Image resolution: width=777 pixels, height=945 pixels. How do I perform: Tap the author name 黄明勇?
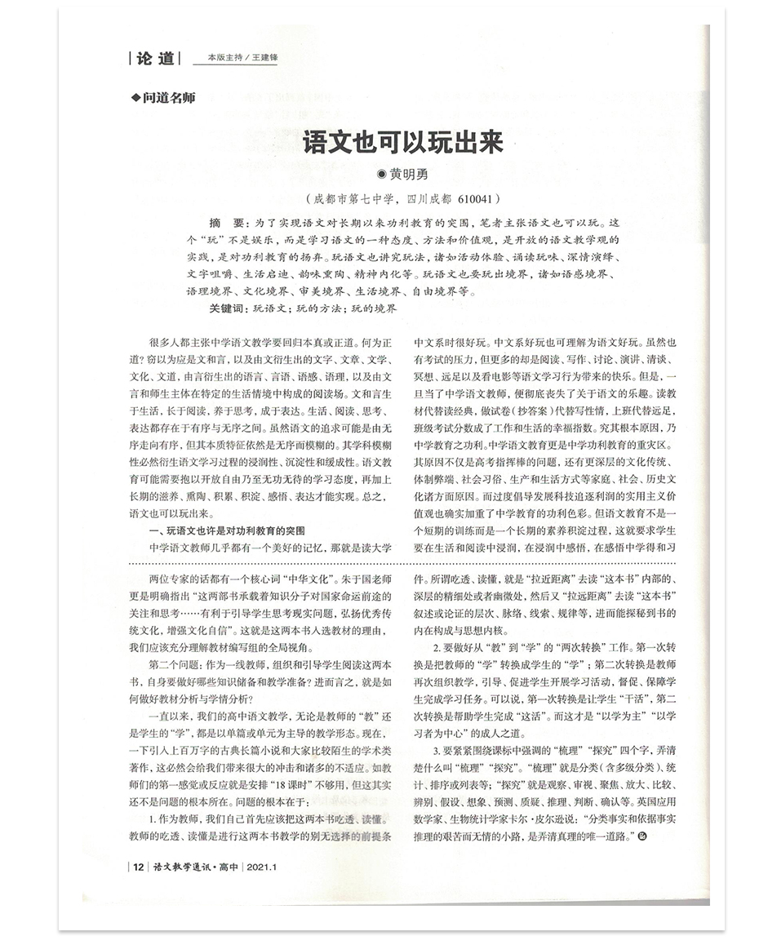[408, 174]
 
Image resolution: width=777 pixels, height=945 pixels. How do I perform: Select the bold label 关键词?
[226, 309]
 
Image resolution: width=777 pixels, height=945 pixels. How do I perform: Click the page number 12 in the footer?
[138, 867]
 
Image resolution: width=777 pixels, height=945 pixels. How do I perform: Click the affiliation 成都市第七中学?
[353, 198]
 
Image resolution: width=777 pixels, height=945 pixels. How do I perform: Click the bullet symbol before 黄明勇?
[380, 174]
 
